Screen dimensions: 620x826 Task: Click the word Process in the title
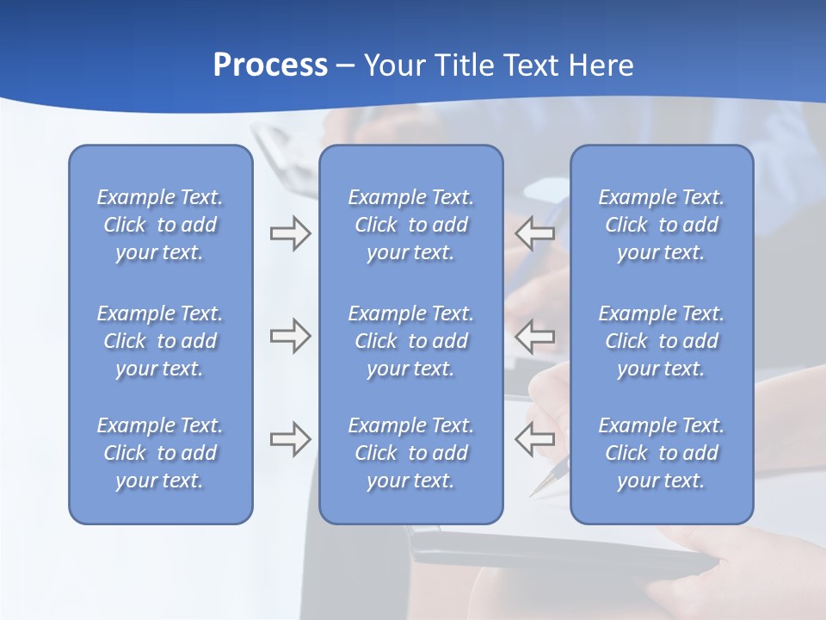point(270,65)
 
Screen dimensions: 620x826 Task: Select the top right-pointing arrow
point(290,232)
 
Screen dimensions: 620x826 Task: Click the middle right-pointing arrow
point(290,336)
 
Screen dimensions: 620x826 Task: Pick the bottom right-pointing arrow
point(290,439)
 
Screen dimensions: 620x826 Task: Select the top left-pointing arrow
point(534,232)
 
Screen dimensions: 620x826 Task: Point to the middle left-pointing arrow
point(534,336)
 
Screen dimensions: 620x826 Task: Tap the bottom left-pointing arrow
point(534,439)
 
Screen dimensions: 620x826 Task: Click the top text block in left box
point(160,225)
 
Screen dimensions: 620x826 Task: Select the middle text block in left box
point(160,341)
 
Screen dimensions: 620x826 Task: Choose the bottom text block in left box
point(160,453)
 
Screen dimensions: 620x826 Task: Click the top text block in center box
point(410,225)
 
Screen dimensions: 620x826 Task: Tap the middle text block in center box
point(410,341)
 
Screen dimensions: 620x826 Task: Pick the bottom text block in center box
point(410,453)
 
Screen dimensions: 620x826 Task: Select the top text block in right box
point(661,225)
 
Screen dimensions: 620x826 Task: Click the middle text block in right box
point(661,341)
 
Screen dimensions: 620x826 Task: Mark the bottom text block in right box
point(661,453)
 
